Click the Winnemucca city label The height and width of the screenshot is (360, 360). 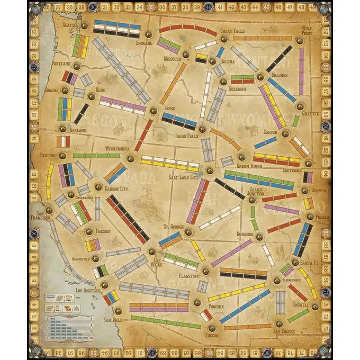[117, 148]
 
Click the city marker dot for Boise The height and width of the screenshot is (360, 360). [153, 111]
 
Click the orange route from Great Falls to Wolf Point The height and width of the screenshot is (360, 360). [263, 38]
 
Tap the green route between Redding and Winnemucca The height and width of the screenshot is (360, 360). [97, 156]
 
